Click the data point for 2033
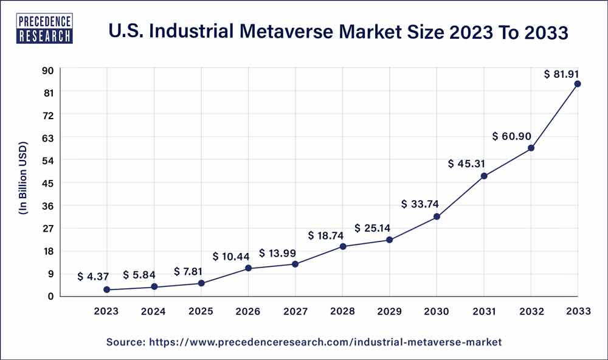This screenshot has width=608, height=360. [578, 84]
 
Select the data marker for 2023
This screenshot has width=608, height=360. [107, 290]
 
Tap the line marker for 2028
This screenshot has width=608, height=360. [343, 246]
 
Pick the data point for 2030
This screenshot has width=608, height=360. [437, 216]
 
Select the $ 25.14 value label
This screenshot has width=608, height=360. [373, 228]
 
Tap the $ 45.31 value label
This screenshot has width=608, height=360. [466, 164]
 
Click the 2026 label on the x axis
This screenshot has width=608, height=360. [248, 311]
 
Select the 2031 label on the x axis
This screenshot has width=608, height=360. [484, 311]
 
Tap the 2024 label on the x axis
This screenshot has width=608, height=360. [154, 311]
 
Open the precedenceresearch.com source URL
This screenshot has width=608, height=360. [325, 342]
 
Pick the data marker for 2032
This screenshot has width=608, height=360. [531, 148]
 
